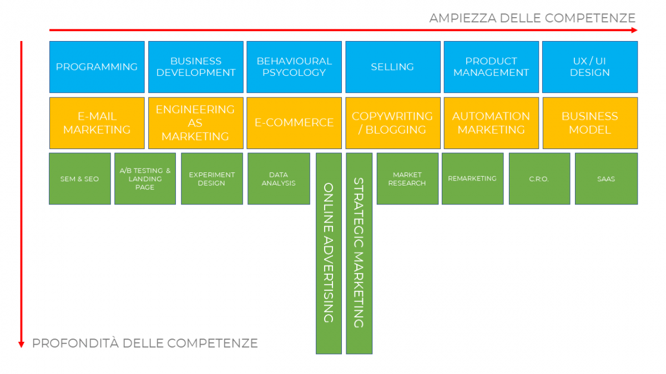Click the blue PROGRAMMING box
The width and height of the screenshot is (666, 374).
(97, 66)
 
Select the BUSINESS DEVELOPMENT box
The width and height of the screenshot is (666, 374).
(195, 66)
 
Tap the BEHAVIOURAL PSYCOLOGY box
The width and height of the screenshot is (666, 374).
(294, 66)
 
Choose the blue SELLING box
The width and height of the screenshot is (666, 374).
(392, 66)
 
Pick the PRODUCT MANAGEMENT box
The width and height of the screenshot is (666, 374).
(491, 66)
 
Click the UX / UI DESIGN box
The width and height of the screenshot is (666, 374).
(589, 66)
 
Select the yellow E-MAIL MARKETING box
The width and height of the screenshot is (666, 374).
(97, 123)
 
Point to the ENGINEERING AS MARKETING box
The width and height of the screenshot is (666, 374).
(195, 123)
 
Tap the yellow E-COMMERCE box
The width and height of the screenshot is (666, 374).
(294, 123)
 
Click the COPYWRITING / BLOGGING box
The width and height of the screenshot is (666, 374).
(392, 123)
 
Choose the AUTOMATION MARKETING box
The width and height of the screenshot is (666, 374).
(491, 123)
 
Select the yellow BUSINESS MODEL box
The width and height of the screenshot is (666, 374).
(589, 123)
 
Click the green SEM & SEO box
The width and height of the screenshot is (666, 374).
(80, 178)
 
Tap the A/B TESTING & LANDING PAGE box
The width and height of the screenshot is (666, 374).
(145, 178)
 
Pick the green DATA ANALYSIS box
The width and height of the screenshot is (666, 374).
(279, 178)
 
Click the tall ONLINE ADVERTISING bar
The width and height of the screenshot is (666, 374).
(329, 253)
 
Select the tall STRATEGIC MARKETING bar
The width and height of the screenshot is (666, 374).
(359, 253)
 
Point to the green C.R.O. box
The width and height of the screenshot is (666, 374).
(539, 178)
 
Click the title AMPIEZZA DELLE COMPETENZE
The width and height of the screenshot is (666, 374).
(532, 18)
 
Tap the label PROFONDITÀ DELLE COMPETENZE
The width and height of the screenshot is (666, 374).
(145, 344)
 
